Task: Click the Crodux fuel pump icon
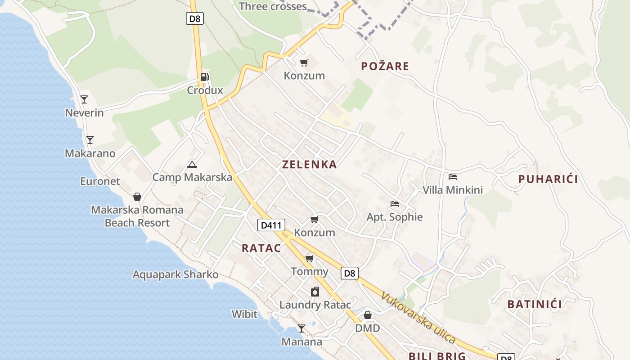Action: [x=205, y=76]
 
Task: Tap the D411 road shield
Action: [x=271, y=225]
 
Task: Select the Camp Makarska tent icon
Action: [x=192, y=164]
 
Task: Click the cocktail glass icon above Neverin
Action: [x=84, y=99]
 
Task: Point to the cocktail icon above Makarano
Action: [x=90, y=140]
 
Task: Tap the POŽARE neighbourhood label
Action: [x=385, y=67]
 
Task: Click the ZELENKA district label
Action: [x=309, y=165]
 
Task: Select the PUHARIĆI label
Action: [x=548, y=179]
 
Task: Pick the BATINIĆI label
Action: [x=534, y=304]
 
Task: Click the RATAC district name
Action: [x=261, y=248]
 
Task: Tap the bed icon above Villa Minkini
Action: [x=453, y=177]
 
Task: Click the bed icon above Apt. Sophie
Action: [x=395, y=204]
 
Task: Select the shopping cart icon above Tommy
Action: [x=309, y=258]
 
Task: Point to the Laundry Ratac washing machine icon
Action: [x=315, y=292]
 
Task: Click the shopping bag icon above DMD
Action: [x=368, y=315]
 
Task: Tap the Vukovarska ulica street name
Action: [x=418, y=318]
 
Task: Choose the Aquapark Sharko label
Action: [x=175, y=274]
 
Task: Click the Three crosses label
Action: [x=273, y=6]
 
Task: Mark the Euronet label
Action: [x=100, y=181]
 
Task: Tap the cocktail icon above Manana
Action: [x=301, y=328]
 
